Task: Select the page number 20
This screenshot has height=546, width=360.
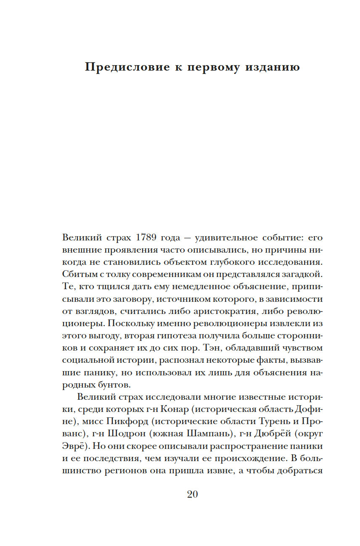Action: [x=192, y=494]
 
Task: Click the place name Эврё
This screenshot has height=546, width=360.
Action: [x=75, y=446]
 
